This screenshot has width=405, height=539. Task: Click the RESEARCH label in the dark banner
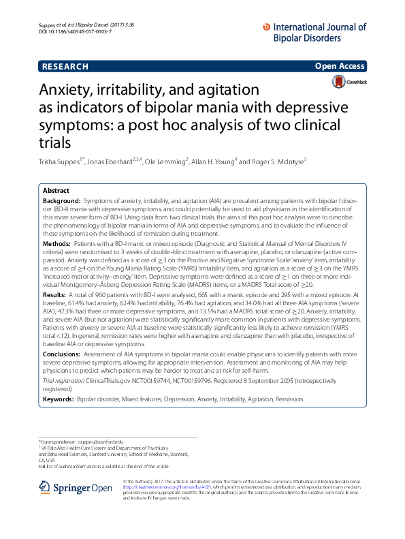65,67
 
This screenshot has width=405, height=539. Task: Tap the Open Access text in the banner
342,67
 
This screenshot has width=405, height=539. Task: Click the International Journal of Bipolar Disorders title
319,31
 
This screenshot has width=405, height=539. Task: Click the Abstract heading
56,191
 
